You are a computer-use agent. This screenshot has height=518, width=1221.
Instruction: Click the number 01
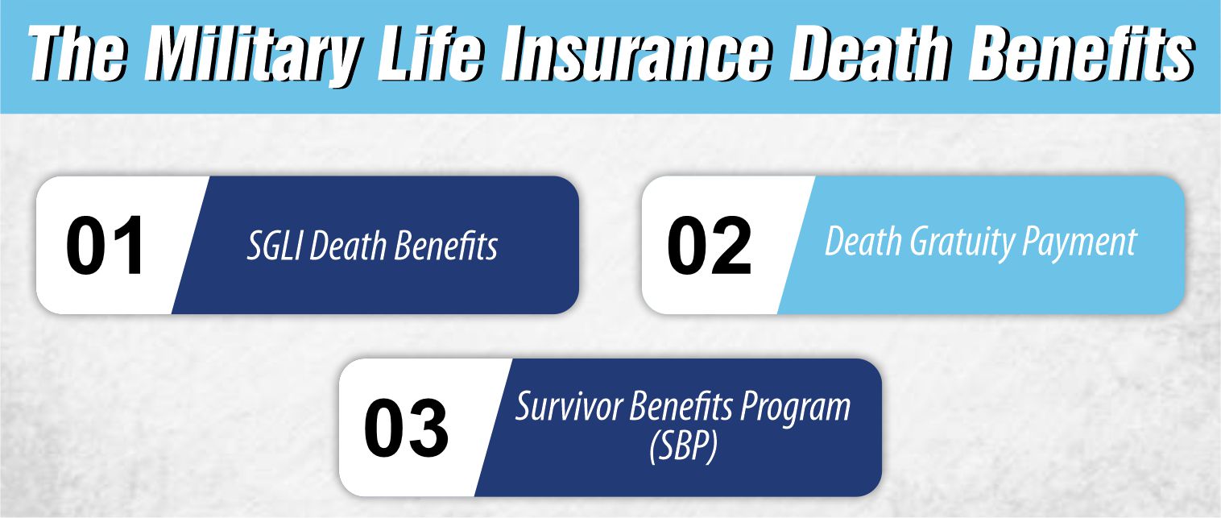tap(106, 245)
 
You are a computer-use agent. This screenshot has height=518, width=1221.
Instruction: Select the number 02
tap(709, 245)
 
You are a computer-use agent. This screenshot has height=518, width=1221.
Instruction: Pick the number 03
tap(406, 428)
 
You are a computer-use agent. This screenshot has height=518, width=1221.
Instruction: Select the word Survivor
tap(569, 408)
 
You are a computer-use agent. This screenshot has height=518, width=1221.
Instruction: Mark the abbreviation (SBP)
tap(683, 448)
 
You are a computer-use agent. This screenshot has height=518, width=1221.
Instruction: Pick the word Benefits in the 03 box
tap(681, 408)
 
